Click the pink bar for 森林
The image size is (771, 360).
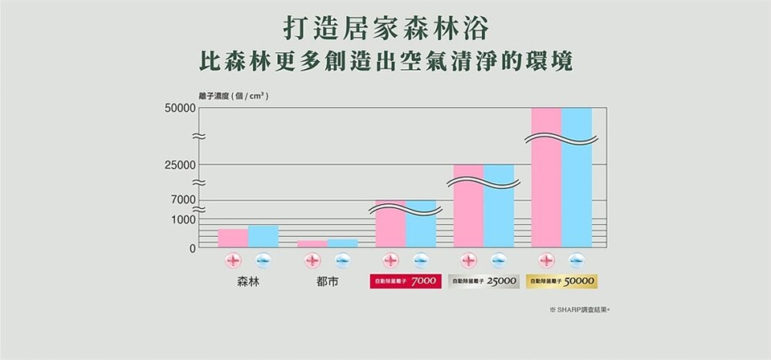233,239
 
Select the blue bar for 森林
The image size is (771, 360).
263,237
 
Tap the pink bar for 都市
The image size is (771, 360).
312,244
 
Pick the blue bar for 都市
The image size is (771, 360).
342,243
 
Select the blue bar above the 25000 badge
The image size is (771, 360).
498,213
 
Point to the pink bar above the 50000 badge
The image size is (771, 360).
546,193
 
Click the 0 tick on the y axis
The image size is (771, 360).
194,248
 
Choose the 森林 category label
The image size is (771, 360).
248,283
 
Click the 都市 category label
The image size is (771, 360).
327,283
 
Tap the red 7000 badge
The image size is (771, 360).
405,282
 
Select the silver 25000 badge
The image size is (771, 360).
483,282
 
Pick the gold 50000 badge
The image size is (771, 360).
562,282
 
